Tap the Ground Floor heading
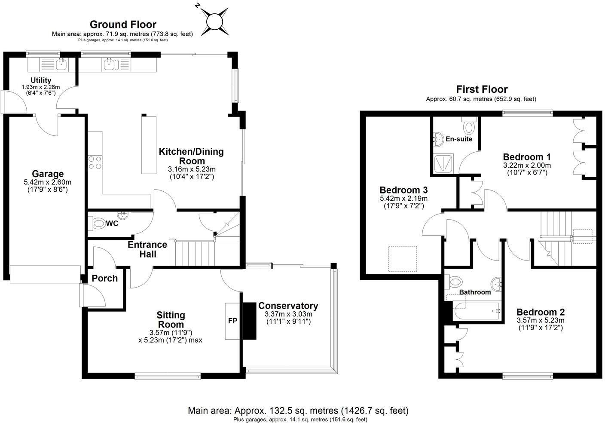point(122,25)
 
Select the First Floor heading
point(481,89)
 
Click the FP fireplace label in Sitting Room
point(232,321)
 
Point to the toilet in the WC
point(98,224)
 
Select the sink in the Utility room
point(60,65)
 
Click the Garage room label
point(48,174)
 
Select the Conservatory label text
point(288,306)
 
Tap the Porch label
point(104,278)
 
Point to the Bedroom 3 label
point(403,190)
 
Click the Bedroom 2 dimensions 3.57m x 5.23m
point(541,320)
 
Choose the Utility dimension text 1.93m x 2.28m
point(41,87)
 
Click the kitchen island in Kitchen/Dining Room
point(149,144)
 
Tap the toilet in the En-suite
point(468,126)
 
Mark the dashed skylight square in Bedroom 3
point(403,259)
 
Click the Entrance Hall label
point(147,249)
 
